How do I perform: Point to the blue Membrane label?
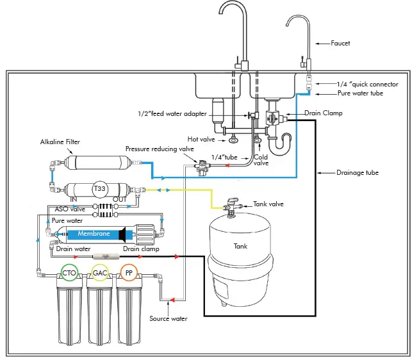pos(94,234)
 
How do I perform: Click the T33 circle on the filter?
pos(99,189)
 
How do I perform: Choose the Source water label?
pos(168,318)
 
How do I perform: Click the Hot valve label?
pos(200,138)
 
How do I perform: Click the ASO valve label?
pos(69,209)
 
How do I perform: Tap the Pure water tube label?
pos(360,94)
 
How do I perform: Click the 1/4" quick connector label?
pos(368,84)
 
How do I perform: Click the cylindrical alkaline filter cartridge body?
pos(97,162)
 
